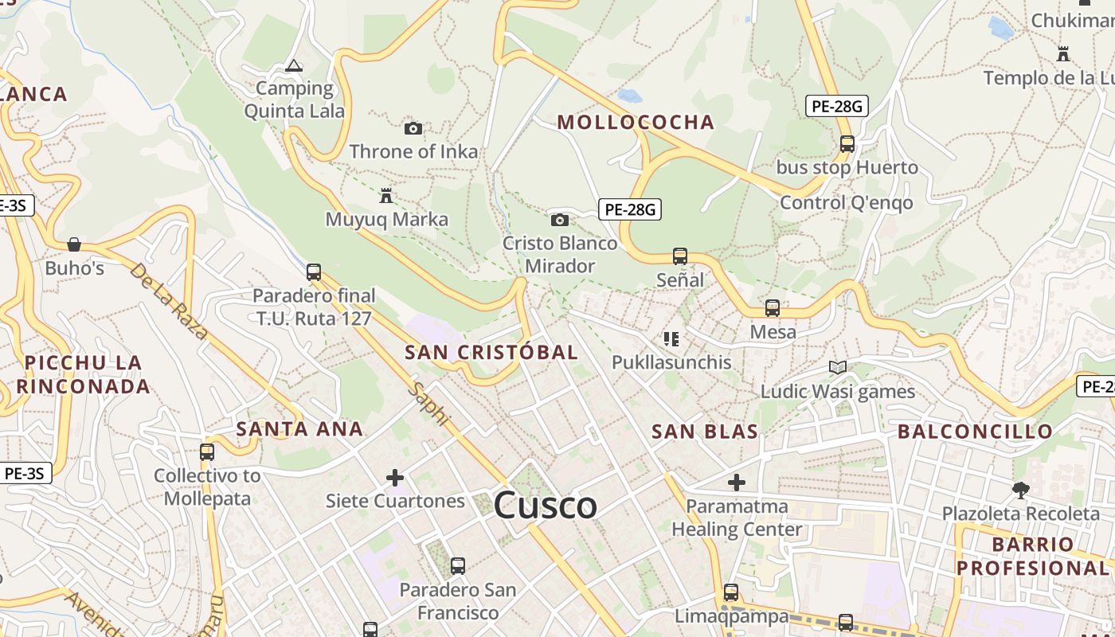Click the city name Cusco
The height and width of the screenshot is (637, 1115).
545,506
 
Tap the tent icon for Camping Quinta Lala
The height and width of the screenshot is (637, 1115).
294,65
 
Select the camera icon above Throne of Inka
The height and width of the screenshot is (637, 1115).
413,128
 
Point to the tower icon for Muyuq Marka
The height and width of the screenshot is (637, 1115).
386,195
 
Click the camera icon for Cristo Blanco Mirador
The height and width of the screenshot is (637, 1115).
560,220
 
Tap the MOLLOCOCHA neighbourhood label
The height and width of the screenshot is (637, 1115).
635,122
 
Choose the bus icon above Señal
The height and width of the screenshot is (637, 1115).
680,256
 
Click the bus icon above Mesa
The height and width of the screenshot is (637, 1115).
773,308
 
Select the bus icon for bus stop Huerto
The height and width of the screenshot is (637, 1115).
847,144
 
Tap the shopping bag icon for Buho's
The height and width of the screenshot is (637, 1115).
74,244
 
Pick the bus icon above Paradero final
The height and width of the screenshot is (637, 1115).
314,272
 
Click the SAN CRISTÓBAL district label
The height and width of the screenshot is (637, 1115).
491,352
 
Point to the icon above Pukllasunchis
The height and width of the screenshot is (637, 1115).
671,339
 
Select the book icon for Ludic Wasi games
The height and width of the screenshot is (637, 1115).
837,367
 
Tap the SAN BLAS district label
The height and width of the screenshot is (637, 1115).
704,432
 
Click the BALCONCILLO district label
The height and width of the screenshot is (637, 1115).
975,432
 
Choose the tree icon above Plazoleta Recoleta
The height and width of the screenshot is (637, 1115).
1020,490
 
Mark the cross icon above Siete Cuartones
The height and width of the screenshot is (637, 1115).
395,478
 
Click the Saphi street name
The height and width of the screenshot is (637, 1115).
428,404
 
